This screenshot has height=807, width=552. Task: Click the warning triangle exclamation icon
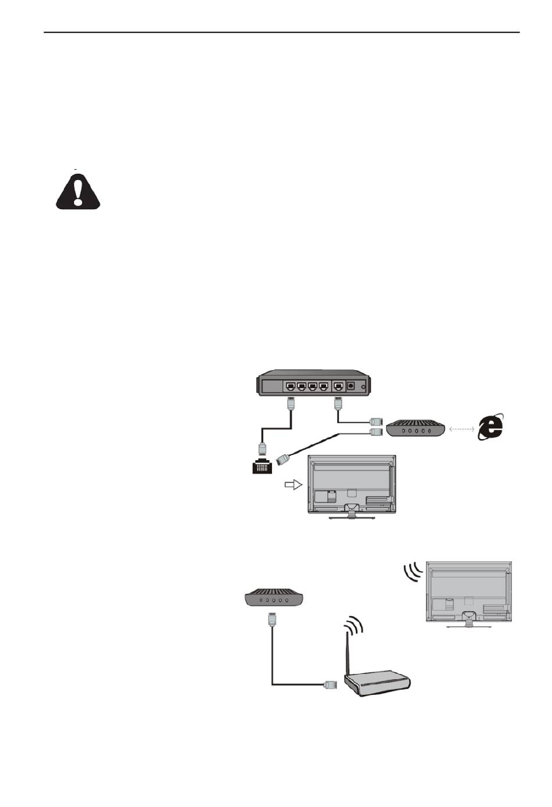pos(78,191)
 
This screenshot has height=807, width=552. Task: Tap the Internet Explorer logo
pos(490,428)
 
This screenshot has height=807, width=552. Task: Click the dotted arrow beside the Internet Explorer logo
pos(461,429)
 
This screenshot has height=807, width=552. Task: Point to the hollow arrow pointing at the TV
pos(293,484)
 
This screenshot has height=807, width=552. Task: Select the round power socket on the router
pos(351,385)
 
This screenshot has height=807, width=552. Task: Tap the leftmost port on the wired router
pos(290,385)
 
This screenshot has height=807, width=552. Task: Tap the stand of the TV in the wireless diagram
pos(468,622)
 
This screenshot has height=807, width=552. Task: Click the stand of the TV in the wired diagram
pos(351,511)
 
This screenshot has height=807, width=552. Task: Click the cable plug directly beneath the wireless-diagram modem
pos(271,619)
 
